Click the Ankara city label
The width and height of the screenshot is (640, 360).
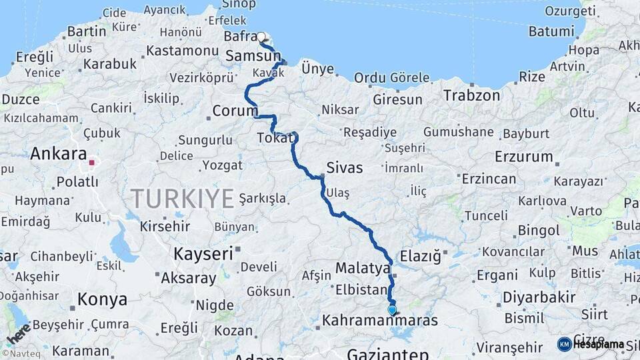point(58,153)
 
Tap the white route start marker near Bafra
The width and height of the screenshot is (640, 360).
point(261,37)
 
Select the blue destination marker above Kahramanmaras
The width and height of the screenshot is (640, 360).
point(392,310)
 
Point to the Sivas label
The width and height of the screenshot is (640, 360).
point(345,167)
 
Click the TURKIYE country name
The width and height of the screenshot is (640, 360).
point(182,198)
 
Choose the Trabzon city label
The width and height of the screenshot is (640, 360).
point(472,95)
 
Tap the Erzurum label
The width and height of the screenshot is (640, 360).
point(524,157)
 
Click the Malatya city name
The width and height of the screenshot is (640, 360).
point(363,269)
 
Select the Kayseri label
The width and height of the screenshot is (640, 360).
point(203,253)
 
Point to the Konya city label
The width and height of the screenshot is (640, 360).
point(102,299)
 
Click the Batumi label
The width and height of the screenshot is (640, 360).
point(551,31)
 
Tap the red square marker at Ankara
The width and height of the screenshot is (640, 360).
point(92,161)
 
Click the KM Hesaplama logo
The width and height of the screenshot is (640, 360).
point(591,344)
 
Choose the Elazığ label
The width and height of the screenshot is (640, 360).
point(421,256)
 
